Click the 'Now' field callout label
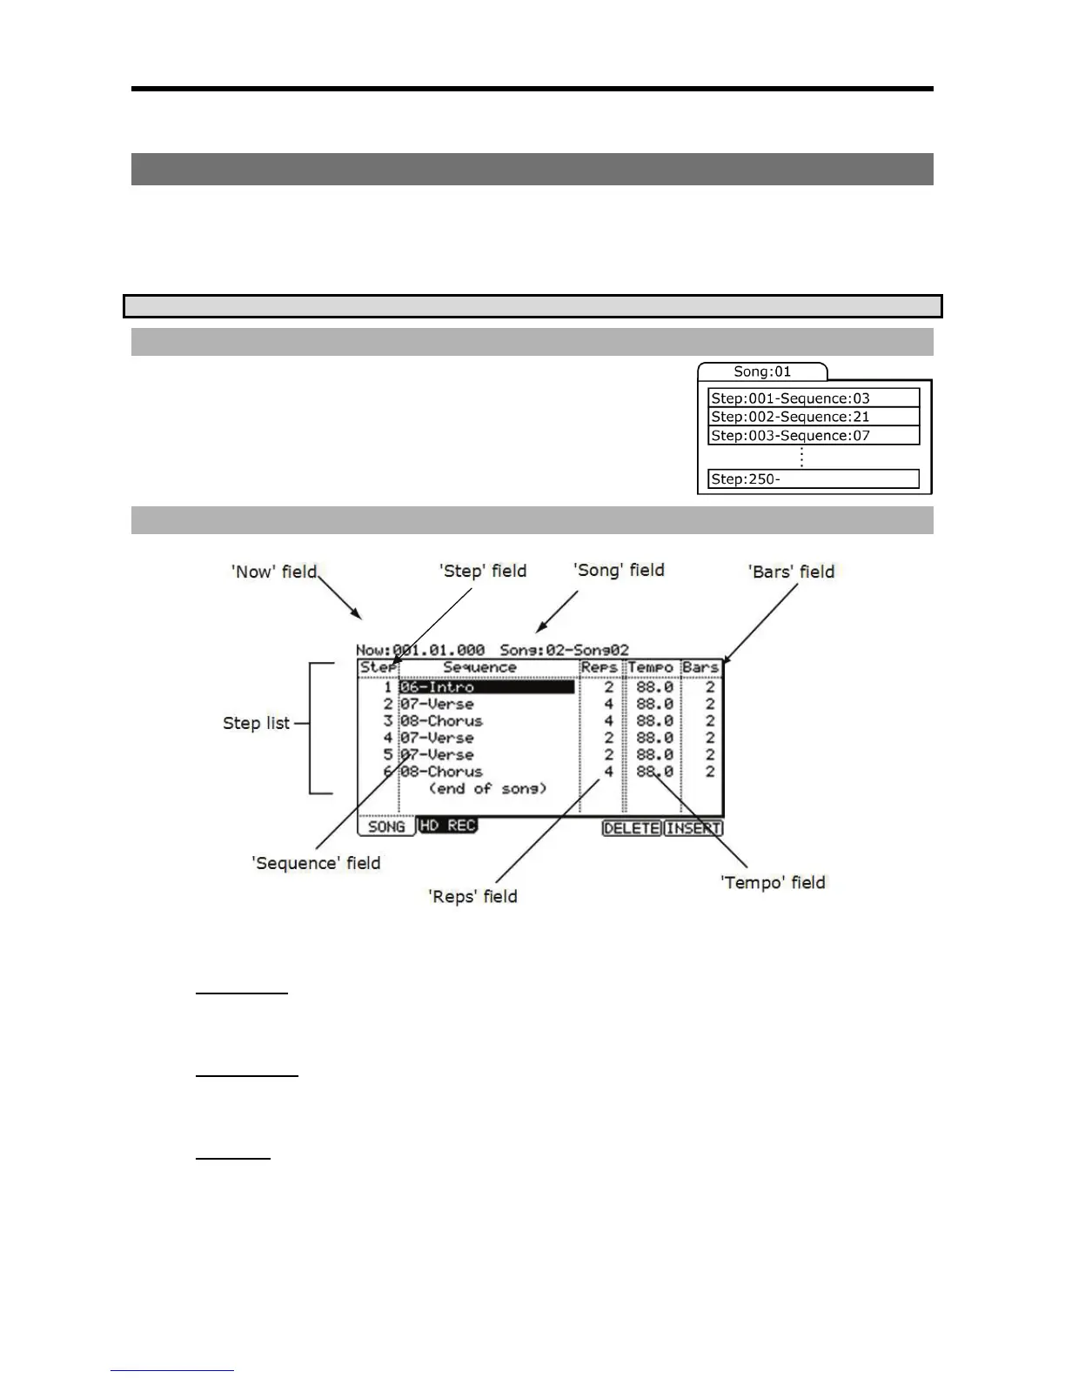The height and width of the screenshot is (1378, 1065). tap(274, 572)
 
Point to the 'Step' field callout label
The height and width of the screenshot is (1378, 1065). tap(483, 571)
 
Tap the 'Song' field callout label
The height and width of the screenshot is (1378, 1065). tap(619, 570)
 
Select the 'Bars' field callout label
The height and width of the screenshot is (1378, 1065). tap(791, 572)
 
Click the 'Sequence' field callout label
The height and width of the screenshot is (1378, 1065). tap(316, 863)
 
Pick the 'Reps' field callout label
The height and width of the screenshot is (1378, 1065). tap(472, 896)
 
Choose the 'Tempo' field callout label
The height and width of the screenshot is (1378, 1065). tap(773, 882)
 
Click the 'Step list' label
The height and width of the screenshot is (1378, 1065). tap(256, 723)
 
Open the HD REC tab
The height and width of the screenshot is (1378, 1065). tap(447, 826)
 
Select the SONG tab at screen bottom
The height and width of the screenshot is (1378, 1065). tap(386, 826)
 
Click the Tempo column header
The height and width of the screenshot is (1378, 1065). tap(651, 668)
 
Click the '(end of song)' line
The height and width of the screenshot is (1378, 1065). tap(487, 788)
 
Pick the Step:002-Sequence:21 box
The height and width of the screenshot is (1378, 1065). tap(814, 417)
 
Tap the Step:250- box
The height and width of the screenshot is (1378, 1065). tap(814, 478)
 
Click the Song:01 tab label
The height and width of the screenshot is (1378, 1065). tap(762, 371)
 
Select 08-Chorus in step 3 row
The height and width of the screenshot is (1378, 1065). tap(441, 721)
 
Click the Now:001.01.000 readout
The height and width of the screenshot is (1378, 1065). tap(420, 650)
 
